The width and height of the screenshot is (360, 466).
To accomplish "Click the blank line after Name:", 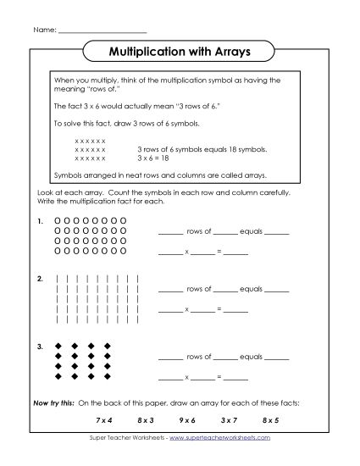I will coord(102,31).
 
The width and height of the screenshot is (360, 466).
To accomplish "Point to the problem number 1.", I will coord(40,221).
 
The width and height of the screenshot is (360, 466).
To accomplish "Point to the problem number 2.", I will coord(40,278).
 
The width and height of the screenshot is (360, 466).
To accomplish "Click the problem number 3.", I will coord(40,346).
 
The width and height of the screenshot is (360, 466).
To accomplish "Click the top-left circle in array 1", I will coord(58,221).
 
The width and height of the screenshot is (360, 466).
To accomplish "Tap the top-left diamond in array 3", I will coord(58,346).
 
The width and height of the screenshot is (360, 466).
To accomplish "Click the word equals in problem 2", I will coord(252,291).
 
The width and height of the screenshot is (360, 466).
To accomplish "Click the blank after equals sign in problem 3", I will coord(236,378).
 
